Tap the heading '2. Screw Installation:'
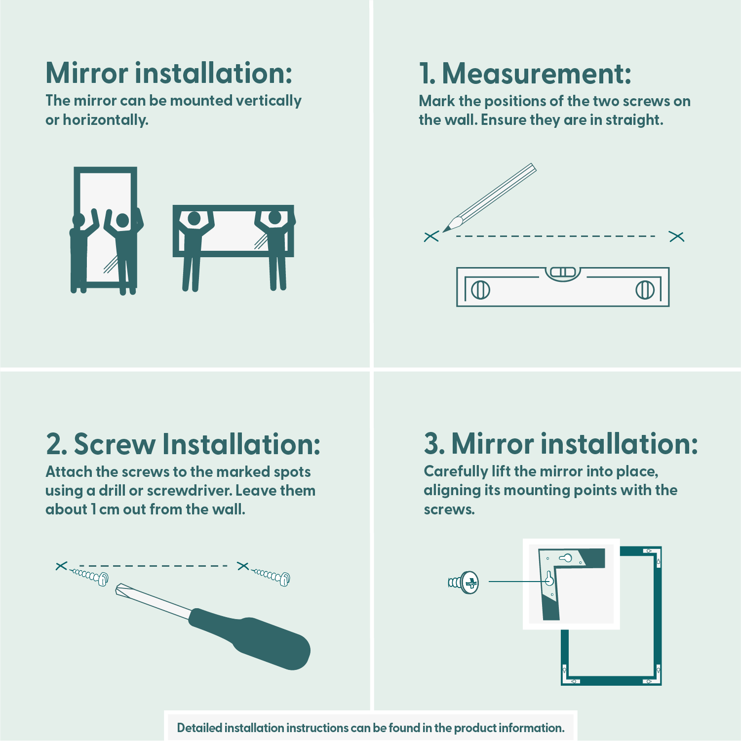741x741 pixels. pos(183,444)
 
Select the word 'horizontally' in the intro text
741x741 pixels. pos(106,120)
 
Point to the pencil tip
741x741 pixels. pos(444,231)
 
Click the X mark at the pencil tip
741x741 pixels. pos(431,236)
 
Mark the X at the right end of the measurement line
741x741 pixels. pos(676,236)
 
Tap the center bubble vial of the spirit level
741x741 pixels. pos(563,272)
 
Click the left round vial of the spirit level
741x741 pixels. pos(480,290)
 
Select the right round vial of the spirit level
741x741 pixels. pos(645,290)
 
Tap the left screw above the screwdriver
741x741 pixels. pos(89,576)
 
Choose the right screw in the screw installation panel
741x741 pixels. pos(271,576)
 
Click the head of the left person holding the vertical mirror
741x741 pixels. pos(78,220)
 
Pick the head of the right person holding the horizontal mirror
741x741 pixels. pos(274,218)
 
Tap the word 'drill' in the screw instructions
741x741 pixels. pos(112,491)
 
